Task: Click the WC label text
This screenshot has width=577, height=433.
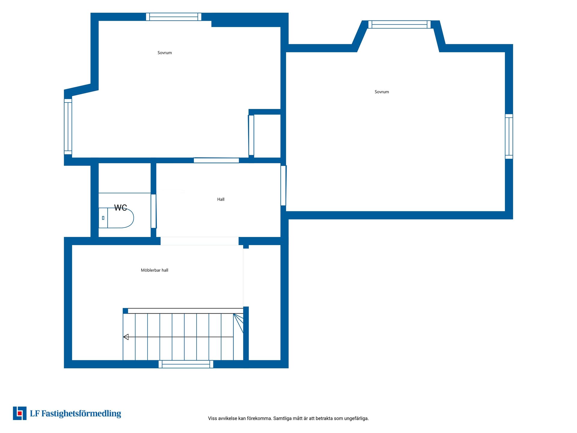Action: click(121, 208)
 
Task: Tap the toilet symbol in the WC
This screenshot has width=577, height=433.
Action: click(116, 218)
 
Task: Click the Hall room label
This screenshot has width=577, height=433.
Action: click(221, 199)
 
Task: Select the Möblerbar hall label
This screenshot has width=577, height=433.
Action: click(154, 270)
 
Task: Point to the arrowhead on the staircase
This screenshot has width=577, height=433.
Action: click(126, 337)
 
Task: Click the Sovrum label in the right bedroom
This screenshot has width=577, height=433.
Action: click(382, 92)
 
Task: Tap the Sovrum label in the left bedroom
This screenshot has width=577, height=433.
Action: click(165, 53)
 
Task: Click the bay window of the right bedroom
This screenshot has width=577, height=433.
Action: click(399, 24)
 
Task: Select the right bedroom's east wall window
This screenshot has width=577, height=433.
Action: click(509, 136)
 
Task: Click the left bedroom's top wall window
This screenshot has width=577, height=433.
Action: click(174, 17)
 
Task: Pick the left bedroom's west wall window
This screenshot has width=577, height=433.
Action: click(68, 127)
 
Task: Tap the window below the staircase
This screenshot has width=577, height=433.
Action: click(186, 364)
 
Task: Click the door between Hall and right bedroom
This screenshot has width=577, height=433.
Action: click(283, 186)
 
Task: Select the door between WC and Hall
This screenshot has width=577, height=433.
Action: click(154, 211)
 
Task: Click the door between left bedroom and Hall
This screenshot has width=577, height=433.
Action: click(216, 160)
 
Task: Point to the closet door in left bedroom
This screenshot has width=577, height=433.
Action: click(251, 135)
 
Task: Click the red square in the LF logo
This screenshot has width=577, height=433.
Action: click(20, 413)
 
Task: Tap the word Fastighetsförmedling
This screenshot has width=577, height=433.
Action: click(81, 414)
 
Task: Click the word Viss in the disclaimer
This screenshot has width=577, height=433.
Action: click(212, 418)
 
